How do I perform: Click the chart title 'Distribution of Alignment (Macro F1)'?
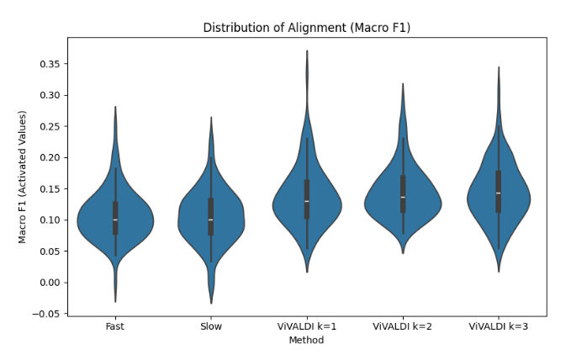[306, 28]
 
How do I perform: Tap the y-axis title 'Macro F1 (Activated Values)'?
[23, 177]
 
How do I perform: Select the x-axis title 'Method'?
[306, 340]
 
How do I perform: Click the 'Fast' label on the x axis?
[115, 326]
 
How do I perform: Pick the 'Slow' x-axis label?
[211, 326]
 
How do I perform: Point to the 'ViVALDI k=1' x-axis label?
[307, 326]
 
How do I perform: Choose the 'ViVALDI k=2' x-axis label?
[403, 326]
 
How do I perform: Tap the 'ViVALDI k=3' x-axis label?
[499, 326]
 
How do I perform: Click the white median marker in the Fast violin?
[115, 220]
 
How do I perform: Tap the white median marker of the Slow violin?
[211, 220]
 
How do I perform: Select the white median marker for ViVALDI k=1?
[307, 201]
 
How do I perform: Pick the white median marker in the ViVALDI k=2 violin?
[403, 197]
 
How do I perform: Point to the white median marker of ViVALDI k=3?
[499, 193]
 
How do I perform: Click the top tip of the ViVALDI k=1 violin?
[307, 50]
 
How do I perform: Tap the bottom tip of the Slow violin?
[211, 303]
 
